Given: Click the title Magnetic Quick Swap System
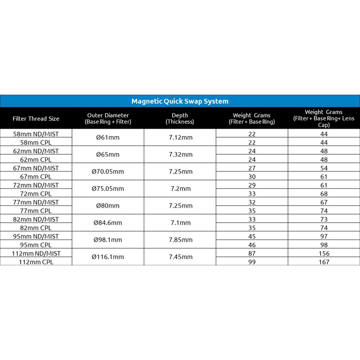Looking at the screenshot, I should coord(180,101).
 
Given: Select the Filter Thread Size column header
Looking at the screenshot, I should coord(36,118).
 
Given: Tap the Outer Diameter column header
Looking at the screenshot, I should coord(108,118).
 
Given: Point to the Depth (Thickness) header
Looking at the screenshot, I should coord(180,118).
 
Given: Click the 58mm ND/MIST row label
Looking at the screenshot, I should coord(36,134).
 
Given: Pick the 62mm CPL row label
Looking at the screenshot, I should coord(36,159).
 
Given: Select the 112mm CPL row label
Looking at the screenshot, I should coord(36,262).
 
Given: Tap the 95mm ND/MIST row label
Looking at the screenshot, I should coord(36,236).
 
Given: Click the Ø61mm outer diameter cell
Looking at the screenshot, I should coord(108,138).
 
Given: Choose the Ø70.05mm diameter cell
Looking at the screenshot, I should coord(108,172).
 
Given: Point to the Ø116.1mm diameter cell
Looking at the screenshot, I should coord(108,257).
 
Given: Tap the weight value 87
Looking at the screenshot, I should coord(252,253).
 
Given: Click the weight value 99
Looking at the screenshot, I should coord(252,262).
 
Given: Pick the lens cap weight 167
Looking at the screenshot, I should coord(324,262).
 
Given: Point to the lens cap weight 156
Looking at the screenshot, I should coord(324,253).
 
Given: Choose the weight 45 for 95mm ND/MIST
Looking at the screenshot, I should coord(252,236).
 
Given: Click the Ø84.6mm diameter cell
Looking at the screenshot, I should coord(108,223).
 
